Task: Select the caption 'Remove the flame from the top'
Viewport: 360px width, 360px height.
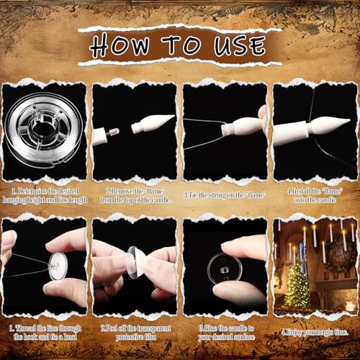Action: tap(135, 194)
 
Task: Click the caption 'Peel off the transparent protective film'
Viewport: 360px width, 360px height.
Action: tap(135, 333)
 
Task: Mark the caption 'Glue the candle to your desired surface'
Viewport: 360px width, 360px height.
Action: tap(225, 333)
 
